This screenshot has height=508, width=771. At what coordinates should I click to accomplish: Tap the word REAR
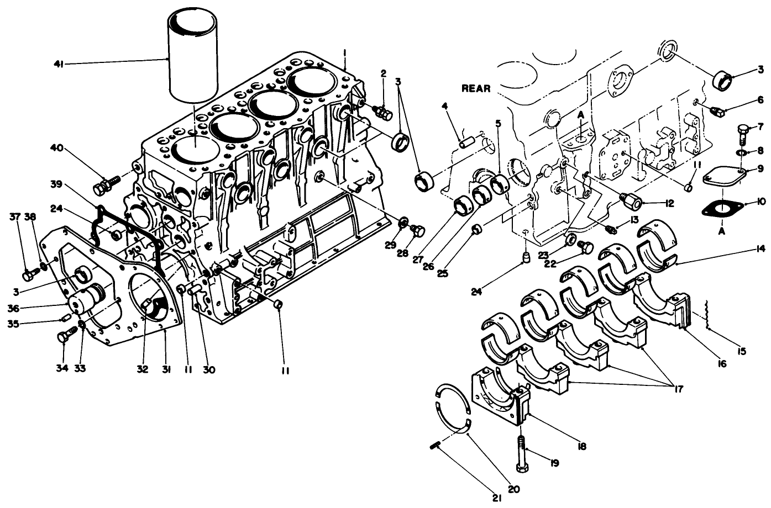tap(476, 88)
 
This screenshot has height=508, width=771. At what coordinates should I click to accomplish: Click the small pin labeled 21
tap(434, 446)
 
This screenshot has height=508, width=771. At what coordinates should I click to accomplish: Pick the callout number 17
tap(678, 389)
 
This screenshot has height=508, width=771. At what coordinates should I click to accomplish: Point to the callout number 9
tap(761, 170)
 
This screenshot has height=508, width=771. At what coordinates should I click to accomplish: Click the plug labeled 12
tap(631, 199)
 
